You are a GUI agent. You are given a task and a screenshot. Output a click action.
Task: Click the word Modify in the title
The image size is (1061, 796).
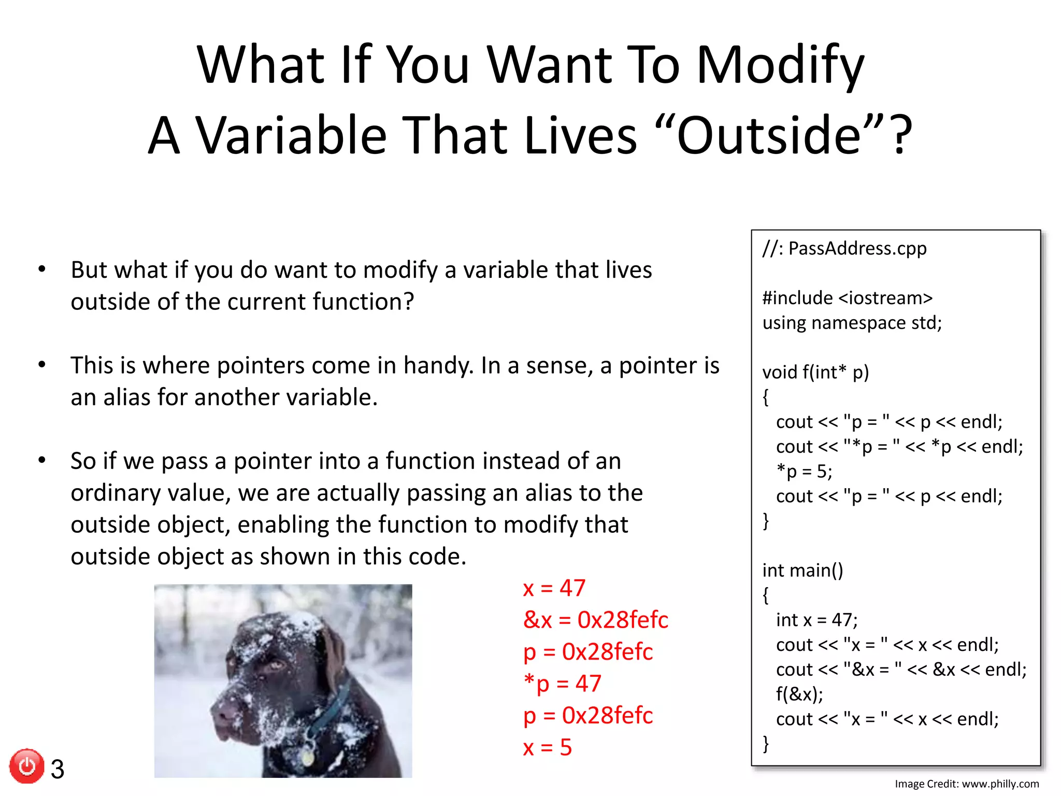coord(780,65)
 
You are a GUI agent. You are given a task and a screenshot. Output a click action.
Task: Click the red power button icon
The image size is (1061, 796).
coord(27,766)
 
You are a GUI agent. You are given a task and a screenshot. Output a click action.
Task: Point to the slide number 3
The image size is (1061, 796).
coord(58,769)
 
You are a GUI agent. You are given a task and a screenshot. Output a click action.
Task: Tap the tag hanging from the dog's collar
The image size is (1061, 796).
coord(307,757)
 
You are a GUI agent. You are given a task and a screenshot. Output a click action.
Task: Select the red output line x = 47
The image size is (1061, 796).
coord(554,588)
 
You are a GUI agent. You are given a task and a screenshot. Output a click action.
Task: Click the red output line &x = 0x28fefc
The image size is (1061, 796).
coord(595,620)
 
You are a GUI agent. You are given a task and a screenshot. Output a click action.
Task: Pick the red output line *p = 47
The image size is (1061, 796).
coord(562,684)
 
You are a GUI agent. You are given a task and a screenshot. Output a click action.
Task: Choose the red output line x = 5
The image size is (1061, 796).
coord(547,747)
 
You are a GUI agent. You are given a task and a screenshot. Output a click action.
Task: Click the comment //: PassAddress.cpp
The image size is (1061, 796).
coord(844,249)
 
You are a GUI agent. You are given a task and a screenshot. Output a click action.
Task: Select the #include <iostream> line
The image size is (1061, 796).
coord(847,298)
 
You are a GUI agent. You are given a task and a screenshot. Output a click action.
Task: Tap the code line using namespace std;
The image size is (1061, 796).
coord(852,323)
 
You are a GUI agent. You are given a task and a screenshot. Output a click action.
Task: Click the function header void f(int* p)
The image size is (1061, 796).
coord(815,372)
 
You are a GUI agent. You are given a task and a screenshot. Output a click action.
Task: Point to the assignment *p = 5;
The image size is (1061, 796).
coord(804,471)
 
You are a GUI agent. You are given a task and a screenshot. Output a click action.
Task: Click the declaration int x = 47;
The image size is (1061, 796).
coord(816,620)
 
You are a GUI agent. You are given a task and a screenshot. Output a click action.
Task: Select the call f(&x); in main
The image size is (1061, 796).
coord(799,694)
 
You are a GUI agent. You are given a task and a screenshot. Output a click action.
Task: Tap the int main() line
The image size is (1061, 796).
coord(802,571)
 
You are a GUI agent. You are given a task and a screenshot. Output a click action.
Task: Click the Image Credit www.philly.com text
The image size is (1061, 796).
coord(966,784)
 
